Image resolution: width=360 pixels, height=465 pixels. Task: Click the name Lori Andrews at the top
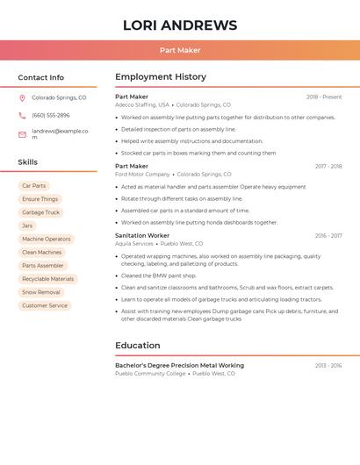(180, 25)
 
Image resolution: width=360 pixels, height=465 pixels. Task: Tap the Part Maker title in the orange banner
(180, 50)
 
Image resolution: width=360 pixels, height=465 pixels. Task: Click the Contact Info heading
(40, 77)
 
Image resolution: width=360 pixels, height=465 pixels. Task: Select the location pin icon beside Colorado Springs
(22, 98)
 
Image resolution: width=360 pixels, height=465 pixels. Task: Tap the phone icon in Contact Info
(22, 115)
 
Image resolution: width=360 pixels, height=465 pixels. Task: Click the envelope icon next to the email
(22, 134)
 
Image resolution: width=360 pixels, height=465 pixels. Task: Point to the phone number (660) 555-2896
(50, 115)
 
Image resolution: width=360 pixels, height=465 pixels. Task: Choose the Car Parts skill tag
(33, 186)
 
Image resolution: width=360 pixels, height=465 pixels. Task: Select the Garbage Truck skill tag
(40, 212)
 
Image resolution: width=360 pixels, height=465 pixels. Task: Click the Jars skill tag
(27, 225)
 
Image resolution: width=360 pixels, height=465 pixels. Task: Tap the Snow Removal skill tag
(41, 292)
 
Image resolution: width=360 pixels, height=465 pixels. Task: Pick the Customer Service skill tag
(45, 305)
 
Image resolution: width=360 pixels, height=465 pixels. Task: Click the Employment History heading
(161, 77)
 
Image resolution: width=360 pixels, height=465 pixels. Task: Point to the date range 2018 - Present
(324, 97)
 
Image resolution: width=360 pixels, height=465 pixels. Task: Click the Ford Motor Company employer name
(142, 175)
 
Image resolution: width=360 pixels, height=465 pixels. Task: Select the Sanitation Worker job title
(142, 235)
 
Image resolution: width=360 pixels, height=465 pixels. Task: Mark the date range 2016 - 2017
(328, 235)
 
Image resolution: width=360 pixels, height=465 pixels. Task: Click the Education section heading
(138, 346)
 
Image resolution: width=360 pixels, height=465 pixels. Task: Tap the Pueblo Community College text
(150, 374)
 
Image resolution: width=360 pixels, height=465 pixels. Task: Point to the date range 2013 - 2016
(328, 365)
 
